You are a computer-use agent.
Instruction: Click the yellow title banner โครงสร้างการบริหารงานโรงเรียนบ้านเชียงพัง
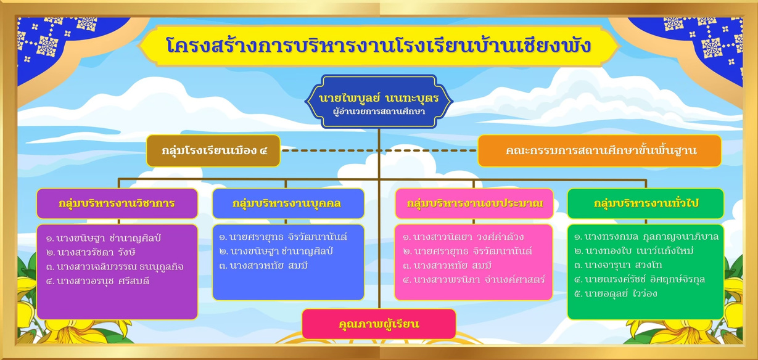(379, 46)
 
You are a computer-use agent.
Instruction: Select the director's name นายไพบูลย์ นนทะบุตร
(379, 98)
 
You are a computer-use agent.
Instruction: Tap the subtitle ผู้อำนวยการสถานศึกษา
(379, 112)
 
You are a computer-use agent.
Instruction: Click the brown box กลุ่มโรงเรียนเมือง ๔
(213, 150)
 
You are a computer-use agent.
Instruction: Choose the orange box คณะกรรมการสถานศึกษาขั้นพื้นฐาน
(599, 150)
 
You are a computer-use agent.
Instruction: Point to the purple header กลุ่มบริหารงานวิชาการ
(117, 203)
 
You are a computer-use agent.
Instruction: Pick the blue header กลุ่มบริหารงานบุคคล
(288, 203)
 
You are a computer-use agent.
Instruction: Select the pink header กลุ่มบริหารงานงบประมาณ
(474, 203)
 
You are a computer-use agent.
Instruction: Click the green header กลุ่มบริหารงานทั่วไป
(646, 203)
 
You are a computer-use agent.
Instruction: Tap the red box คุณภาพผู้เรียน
(379, 324)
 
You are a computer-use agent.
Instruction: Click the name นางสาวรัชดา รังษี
(91, 252)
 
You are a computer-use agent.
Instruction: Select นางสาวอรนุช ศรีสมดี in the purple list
(98, 281)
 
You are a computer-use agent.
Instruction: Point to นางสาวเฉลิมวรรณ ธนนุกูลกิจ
(115, 267)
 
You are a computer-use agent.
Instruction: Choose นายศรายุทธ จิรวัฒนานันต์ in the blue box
(283, 237)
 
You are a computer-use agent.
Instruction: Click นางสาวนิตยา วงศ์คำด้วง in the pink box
(463, 237)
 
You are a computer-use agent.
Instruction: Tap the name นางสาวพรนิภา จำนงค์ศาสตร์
(474, 280)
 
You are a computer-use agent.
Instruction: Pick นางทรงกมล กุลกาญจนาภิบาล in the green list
(646, 237)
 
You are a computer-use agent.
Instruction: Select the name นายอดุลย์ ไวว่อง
(616, 293)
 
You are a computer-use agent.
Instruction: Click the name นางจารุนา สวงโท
(618, 265)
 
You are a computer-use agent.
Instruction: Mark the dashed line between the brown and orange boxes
(379, 150)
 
